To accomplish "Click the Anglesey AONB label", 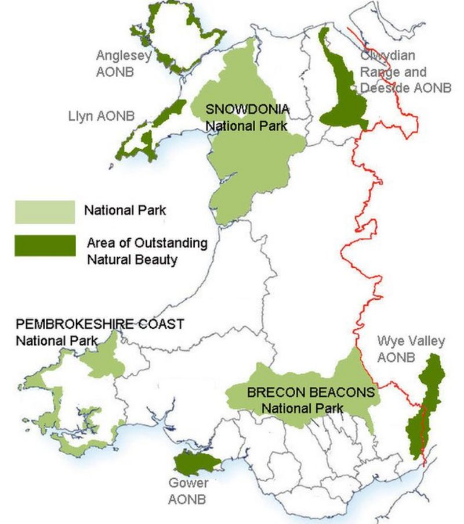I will (x=124, y=63).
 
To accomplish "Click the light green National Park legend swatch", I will (x=45, y=211).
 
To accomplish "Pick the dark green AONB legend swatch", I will (x=45, y=245).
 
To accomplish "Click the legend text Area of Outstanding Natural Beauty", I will (x=147, y=251).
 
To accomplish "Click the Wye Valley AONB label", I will (x=402, y=349).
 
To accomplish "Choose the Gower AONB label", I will (x=187, y=490).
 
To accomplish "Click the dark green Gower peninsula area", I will (x=196, y=464).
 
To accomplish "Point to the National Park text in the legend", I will (x=125, y=210).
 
